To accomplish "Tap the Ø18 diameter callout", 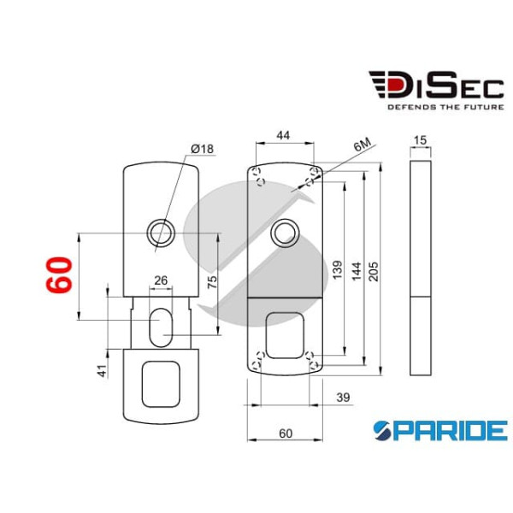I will (203, 149).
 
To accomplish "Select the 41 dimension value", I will (102, 370).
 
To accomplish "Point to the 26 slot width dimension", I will (160, 280).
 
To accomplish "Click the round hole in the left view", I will (159, 232).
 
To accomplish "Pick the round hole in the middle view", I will (284, 233).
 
